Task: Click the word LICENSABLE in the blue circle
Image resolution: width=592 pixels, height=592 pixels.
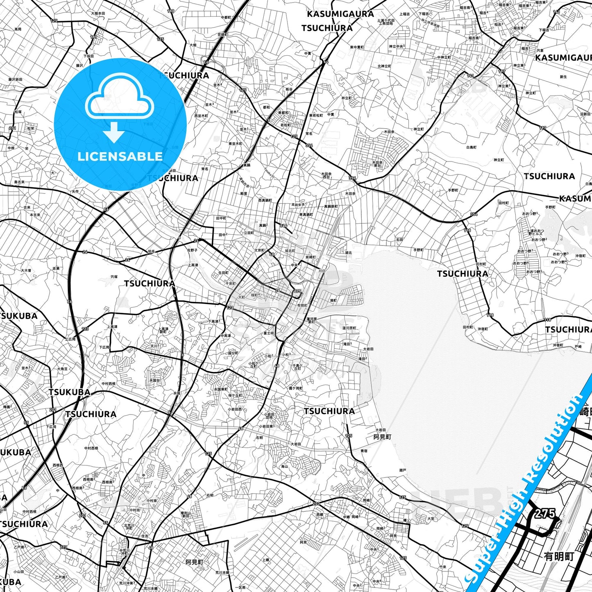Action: tap(120, 157)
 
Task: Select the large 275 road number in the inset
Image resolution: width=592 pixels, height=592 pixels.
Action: tap(544, 514)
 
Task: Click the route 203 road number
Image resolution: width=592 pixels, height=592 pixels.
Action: tap(316, 504)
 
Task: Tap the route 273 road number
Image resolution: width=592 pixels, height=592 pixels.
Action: tap(64, 547)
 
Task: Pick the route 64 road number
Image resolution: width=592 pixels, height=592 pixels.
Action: tap(326, 62)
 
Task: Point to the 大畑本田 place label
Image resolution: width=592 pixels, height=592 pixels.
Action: tap(98, 14)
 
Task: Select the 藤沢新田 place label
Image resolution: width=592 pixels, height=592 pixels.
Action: tap(16, 79)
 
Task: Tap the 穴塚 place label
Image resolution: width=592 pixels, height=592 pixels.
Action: tap(113, 277)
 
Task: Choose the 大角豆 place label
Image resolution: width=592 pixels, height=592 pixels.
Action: tap(62, 369)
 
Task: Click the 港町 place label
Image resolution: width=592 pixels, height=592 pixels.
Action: tap(333, 300)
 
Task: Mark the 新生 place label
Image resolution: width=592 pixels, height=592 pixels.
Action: tap(563, 77)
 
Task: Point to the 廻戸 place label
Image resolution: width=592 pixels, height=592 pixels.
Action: tap(402, 470)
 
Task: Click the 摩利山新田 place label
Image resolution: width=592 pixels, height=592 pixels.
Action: tap(186, 515)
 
